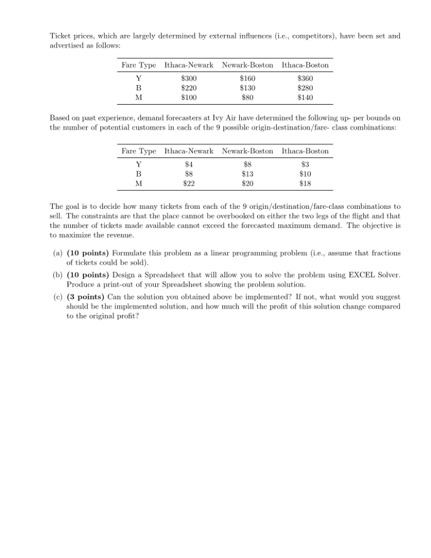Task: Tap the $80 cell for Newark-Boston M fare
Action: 247,98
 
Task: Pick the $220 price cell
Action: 189,88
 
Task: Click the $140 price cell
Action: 305,98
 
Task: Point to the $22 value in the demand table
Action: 189,184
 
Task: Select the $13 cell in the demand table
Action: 247,174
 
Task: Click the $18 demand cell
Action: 305,184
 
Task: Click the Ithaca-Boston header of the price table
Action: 305,65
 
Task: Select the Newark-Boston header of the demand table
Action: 247,151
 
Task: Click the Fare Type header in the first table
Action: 138,65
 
